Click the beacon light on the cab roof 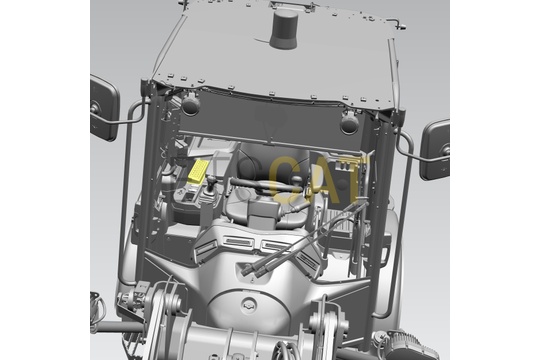click(283, 29)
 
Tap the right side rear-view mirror click(435, 150)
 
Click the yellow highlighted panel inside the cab click(198, 172)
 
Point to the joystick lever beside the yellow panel click(211, 189)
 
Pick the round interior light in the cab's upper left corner click(190, 104)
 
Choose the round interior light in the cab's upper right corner click(350, 123)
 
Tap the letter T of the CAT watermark click(355, 180)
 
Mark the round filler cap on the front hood click(249, 305)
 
